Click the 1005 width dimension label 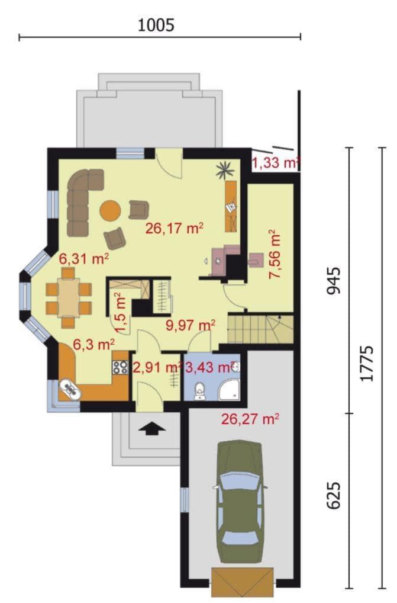[156, 25]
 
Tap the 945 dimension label [333, 281]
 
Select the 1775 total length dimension [367, 363]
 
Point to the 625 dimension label [333, 495]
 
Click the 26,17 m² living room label [174, 229]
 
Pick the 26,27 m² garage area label [250, 419]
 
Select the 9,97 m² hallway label [190, 325]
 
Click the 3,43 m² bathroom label [209, 368]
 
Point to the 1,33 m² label [275, 163]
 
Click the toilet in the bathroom [199, 391]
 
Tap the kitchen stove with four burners [120, 367]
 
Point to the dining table [69, 297]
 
